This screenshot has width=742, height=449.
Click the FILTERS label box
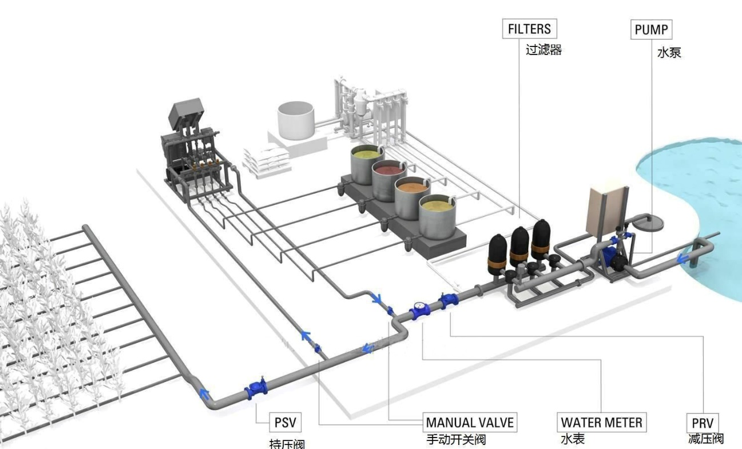coord(529,29)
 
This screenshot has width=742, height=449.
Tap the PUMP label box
coord(651,29)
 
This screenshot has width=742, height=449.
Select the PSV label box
coord(285,423)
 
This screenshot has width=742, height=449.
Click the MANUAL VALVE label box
coord(470,423)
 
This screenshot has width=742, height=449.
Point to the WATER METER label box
coord(601,423)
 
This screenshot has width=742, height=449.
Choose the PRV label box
coord(702,424)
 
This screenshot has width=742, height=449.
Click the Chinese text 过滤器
coord(543,50)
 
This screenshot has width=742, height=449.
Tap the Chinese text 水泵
coord(669,53)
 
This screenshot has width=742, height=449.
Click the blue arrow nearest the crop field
coord(203,393)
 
